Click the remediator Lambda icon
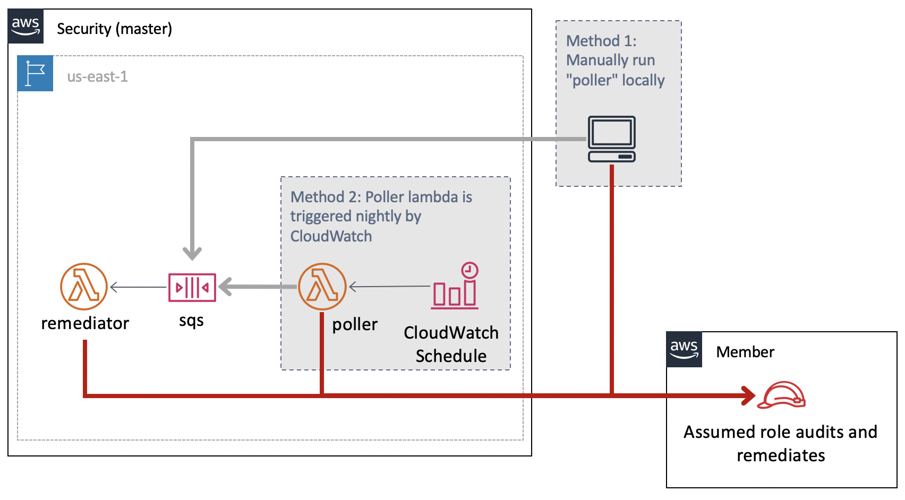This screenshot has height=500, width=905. point(83,286)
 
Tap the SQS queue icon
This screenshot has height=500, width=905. point(192,287)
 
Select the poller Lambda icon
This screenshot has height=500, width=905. point(322,286)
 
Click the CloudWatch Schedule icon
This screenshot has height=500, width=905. point(455,286)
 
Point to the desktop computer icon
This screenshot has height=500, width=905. point(612,139)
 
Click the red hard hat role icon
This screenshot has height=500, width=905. point(781,394)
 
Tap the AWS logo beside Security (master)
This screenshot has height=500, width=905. point(25,26)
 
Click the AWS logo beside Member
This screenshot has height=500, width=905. point(684,349)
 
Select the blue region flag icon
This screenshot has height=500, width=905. point(35,73)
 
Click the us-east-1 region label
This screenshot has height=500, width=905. point(97,76)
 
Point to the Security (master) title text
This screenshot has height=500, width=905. point(114,29)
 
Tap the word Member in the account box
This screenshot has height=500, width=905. point(745,352)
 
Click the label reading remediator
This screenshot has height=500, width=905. point(85,323)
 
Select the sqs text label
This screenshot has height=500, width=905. point(191,321)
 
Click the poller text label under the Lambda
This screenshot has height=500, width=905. point(355,324)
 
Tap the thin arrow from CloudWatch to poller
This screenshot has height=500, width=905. point(389,286)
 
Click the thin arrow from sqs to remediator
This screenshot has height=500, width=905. point(138,287)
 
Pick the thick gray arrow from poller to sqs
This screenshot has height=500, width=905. point(258,287)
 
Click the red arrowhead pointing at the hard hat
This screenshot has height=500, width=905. point(748,395)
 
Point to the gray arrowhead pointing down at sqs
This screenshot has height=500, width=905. point(192,254)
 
